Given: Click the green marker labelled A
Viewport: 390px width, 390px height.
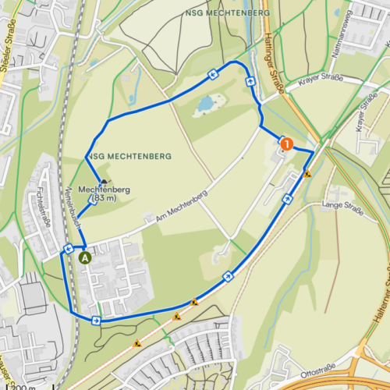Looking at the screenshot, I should pos(85,255).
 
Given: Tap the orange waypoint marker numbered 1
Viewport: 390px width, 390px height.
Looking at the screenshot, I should pos(286,144).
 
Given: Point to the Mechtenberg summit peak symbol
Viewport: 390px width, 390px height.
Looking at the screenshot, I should pos(103,181).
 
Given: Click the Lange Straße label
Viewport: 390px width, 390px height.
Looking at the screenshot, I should pos(343,207).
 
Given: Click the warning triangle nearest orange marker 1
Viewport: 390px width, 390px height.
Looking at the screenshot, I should pos(308,175).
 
